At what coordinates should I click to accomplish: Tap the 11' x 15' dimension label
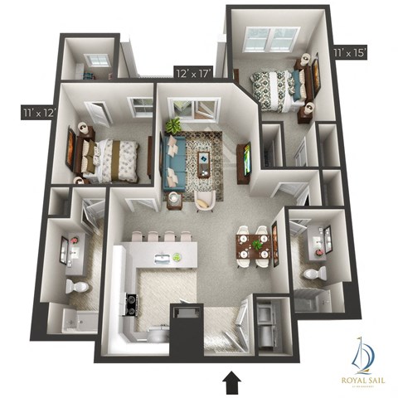[349, 52]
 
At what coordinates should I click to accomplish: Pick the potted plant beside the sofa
[173, 125]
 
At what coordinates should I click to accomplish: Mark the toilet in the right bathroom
[311, 274]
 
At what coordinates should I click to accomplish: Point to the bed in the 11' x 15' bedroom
[278, 86]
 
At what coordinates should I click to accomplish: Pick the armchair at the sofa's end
[204, 199]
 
